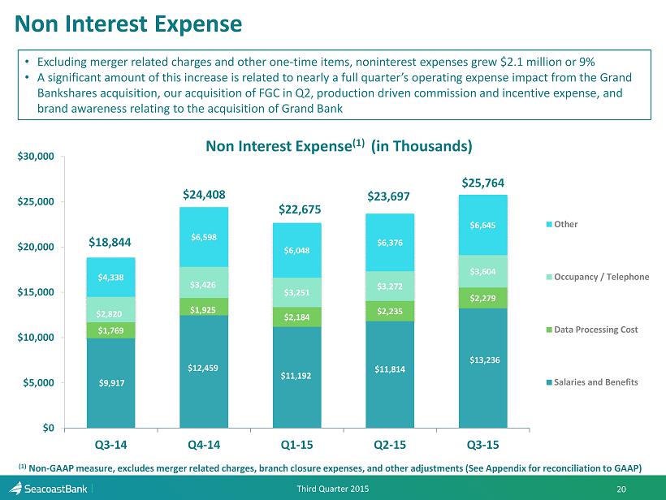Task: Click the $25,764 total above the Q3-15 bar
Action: [483, 183]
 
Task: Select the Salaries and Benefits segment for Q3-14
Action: [110, 383]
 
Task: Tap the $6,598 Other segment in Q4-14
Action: [204, 237]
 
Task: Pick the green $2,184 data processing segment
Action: [297, 317]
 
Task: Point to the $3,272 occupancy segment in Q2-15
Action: [390, 286]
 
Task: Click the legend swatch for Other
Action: [549, 225]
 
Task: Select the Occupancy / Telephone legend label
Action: [602, 277]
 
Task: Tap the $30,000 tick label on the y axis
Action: [36, 156]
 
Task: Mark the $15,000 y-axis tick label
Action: [36, 292]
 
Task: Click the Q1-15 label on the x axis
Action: [297, 445]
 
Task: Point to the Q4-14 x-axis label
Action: [204, 445]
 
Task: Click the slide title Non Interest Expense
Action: [128, 24]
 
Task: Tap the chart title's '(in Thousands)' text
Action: [422, 146]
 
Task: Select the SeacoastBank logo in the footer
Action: [48, 489]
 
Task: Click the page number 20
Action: [621, 489]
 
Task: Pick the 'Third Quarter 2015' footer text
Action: [332, 489]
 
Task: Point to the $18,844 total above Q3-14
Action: [110, 243]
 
